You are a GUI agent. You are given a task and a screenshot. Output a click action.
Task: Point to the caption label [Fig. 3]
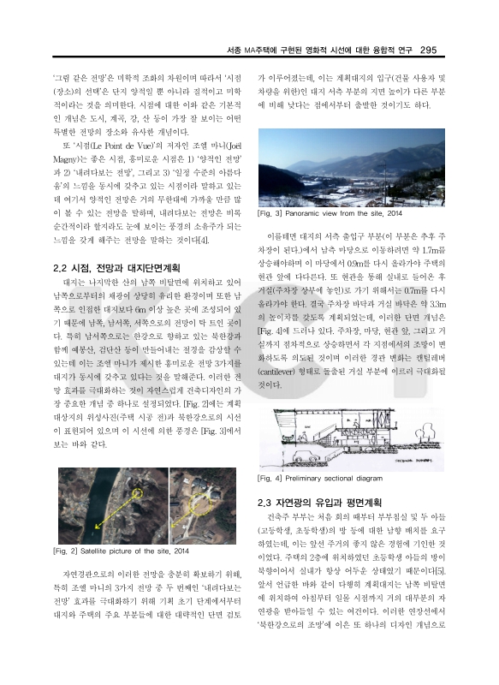click(x=271, y=213)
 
